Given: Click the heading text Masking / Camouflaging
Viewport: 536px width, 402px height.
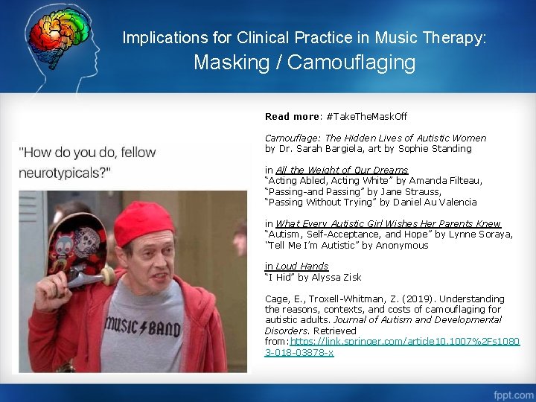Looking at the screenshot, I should click(304, 63).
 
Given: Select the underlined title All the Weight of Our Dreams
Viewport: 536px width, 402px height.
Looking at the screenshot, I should click(342, 170).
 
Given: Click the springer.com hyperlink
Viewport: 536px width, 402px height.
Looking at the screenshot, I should click(392, 346).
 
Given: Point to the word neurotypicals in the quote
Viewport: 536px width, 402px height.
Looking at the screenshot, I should click(63, 173).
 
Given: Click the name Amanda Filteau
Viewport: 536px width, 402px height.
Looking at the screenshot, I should click(447, 181).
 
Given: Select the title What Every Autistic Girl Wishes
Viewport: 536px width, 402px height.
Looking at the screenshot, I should click(388, 224).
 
